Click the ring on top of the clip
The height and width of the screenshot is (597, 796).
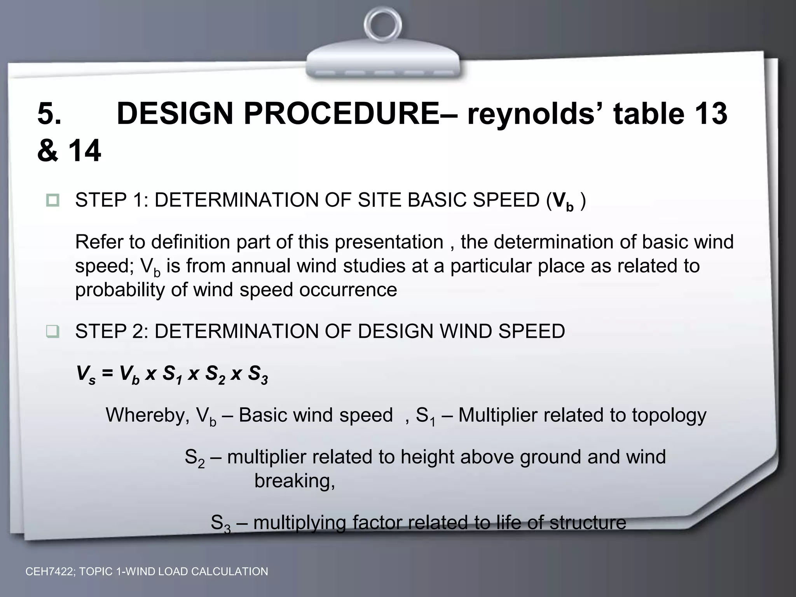tap(382, 24)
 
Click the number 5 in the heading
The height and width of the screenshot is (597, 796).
tap(49, 113)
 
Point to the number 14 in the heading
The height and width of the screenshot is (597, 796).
tap(85, 151)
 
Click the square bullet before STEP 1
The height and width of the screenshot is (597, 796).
tap(53, 200)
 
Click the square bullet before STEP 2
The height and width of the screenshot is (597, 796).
tap(53, 332)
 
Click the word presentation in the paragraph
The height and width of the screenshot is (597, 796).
tap(389, 242)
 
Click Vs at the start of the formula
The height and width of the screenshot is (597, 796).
tap(86, 375)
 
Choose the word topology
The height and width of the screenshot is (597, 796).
tap(669, 415)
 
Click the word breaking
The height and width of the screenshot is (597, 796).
tap(294, 481)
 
